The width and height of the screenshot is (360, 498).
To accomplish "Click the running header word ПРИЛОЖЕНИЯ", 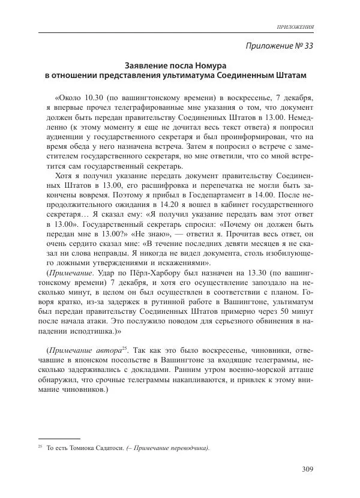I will (295, 28).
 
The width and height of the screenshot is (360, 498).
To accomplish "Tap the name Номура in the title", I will (217, 64).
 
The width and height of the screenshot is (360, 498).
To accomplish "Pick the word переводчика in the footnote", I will (186, 448).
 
